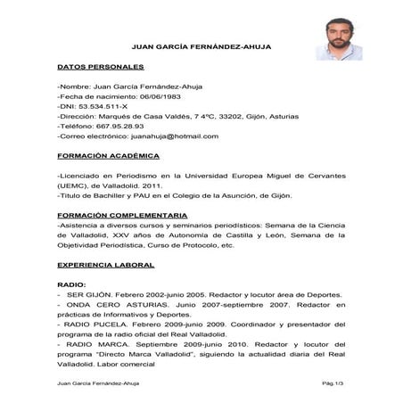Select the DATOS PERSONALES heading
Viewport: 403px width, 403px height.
[x=100, y=68]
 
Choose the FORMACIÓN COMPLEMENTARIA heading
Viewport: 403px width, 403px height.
[x=122, y=216]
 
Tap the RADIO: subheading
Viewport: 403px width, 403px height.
[x=71, y=284]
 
